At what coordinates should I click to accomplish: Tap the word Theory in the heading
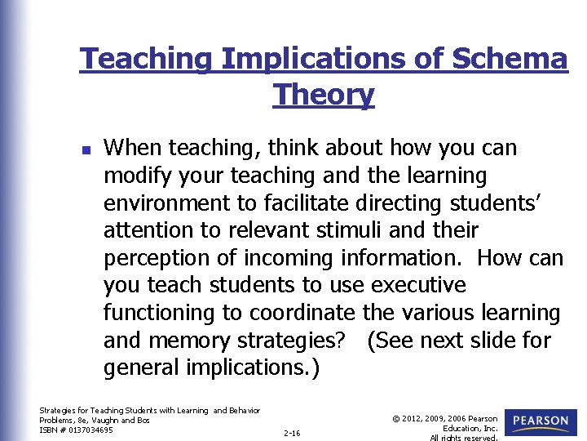pyautogui.click(x=324, y=95)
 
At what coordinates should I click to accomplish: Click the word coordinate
pyautogui.click(x=302, y=313)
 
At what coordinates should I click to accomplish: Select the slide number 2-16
pyautogui.click(x=292, y=433)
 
